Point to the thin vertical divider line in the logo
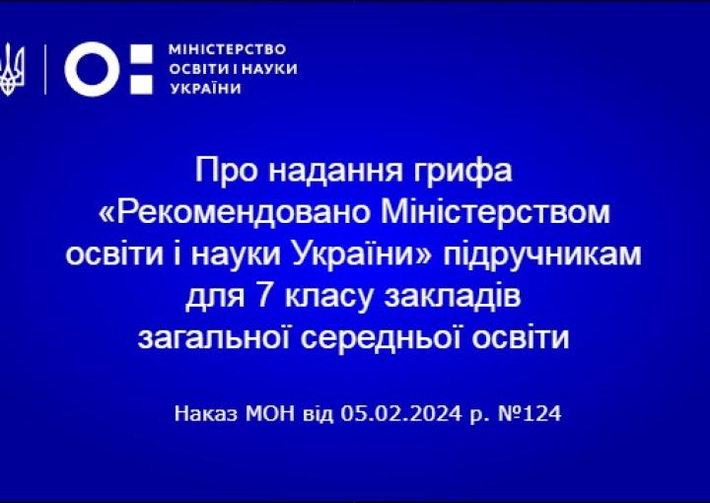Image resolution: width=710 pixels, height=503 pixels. [x=45, y=69]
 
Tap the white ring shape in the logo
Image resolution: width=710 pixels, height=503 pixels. [x=93, y=69]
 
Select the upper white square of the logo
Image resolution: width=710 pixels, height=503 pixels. [x=142, y=55]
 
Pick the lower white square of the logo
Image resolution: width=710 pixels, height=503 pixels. [x=142, y=83]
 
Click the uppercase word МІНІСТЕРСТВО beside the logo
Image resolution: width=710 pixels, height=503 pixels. [x=228, y=49]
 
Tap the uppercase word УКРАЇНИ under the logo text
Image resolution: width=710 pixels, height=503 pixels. [x=205, y=88]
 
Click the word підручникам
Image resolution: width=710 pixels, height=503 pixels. [x=542, y=255]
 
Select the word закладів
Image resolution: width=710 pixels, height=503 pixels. [x=453, y=297]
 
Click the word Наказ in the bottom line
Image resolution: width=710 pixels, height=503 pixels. [x=206, y=413]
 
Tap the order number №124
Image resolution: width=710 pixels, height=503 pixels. [x=530, y=413]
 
